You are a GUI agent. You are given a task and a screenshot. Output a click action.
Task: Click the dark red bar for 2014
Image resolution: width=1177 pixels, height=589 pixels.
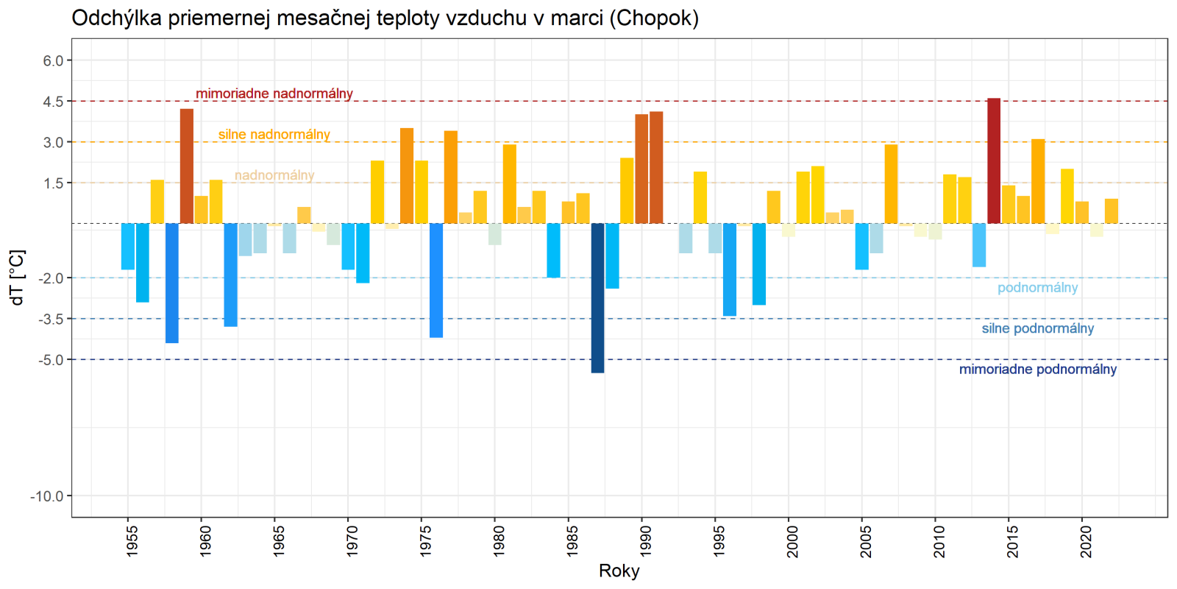pos(994,161)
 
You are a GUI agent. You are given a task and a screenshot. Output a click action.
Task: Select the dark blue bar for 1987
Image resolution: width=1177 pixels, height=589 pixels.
pos(597,298)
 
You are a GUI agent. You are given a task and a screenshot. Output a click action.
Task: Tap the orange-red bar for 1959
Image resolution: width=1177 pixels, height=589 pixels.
pos(187,166)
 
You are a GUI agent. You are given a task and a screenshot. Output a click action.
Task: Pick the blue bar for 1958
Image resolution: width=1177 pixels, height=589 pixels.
pos(172,283)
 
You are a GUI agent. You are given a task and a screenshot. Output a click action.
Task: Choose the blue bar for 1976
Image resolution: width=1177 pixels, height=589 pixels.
pos(436,281)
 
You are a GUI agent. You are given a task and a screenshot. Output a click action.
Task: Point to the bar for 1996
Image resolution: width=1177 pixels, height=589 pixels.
pos(730,269)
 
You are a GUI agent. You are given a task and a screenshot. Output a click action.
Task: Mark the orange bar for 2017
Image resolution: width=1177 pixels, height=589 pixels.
pos(1038,181)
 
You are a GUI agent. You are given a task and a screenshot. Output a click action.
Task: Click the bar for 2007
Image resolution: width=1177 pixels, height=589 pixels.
pos(891,184)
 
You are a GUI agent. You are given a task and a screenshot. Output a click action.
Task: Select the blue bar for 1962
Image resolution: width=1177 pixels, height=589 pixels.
pos(231,275)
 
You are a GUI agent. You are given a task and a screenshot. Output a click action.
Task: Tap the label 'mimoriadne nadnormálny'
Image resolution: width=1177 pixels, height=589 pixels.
pos(274,94)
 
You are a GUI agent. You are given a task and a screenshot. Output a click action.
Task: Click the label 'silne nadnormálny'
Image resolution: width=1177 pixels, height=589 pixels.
pos(274,135)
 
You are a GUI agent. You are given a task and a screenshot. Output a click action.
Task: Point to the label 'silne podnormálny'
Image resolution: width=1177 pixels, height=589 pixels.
pos(1037,328)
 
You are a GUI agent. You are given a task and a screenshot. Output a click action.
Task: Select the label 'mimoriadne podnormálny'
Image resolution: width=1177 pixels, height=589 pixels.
pos(1037,370)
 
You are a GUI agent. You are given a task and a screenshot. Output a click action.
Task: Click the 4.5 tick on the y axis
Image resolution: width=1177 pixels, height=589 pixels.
pos(53,102)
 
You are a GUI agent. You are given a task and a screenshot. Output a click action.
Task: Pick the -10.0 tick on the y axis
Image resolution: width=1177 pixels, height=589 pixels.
pos(47,496)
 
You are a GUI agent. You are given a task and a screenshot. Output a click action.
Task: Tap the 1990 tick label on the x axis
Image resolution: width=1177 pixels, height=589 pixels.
pos(646,540)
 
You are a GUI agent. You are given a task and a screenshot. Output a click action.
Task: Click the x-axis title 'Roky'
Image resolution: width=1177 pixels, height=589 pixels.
pos(619,571)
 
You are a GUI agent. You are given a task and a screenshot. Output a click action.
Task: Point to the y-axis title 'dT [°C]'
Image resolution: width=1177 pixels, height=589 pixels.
pos(18,278)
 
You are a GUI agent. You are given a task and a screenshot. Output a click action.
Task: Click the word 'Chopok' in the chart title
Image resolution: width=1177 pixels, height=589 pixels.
pos(654,18)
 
